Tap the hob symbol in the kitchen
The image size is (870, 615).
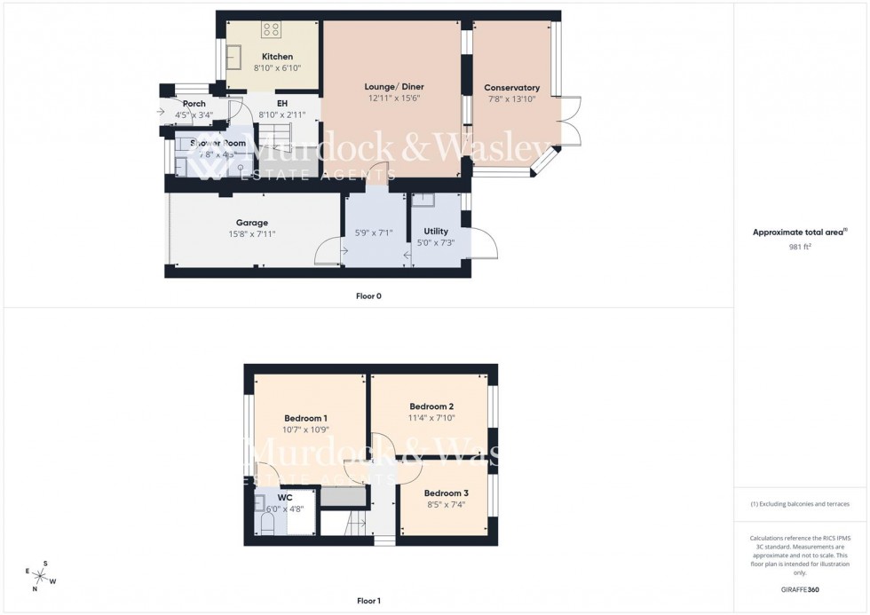pos(272,30)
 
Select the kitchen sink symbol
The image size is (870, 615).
pos(236,58)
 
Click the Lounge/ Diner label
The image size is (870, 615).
pos(394,87)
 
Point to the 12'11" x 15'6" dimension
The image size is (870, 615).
pos(394,99)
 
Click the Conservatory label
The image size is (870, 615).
pos(512,88)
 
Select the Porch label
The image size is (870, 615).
pos(194,104)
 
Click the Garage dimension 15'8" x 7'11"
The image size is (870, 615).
pos(251,234)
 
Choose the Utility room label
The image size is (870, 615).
pos(436,232)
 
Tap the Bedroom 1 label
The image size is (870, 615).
pos(306,418)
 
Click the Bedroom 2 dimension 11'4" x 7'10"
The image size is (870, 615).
pos(432,418)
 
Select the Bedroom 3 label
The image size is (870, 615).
pos(446,493)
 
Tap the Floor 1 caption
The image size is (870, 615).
pos(368,601)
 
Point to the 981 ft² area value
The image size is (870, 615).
pos(800,247)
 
